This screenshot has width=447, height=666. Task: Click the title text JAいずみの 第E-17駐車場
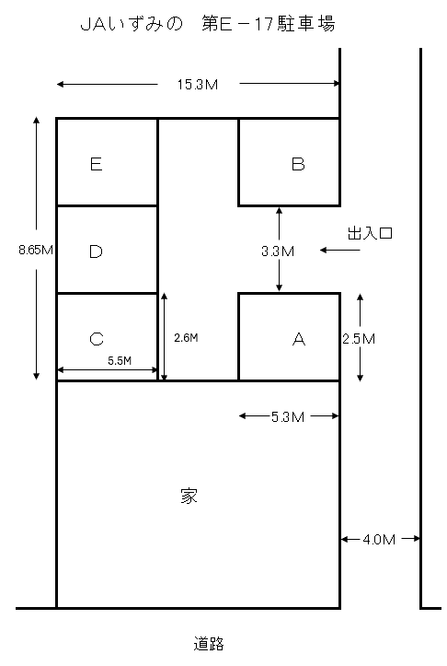click(208, 23)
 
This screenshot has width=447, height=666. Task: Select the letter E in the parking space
click(97, 164)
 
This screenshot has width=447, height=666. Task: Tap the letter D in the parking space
click(96, 251)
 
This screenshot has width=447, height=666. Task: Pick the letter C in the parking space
click(97, 339)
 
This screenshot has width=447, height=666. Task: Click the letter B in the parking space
click(298, 164)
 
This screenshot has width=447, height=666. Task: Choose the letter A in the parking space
click(299, 339)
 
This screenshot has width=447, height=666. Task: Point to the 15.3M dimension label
click(198, 85)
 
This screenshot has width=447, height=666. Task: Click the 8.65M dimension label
click(36, 250)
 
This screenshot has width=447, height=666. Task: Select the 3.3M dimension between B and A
click(278, 251)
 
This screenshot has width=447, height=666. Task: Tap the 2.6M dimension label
click(186, 338)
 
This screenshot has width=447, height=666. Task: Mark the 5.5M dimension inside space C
click(120, 360)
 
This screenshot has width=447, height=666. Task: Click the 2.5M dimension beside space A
click(359, 339)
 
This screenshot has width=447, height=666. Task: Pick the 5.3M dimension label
click(288, 417)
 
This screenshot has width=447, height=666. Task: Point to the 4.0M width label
click(379, 540)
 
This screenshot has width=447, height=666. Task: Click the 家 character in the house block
click(189, 496)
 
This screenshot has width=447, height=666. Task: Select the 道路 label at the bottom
click(209, 644)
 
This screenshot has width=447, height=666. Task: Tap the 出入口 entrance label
click(370, 233)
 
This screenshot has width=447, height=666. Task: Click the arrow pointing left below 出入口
click(340, 251)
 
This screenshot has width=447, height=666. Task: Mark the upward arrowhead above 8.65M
click(37, 120)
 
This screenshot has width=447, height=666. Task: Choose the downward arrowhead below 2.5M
click(360, 378)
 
